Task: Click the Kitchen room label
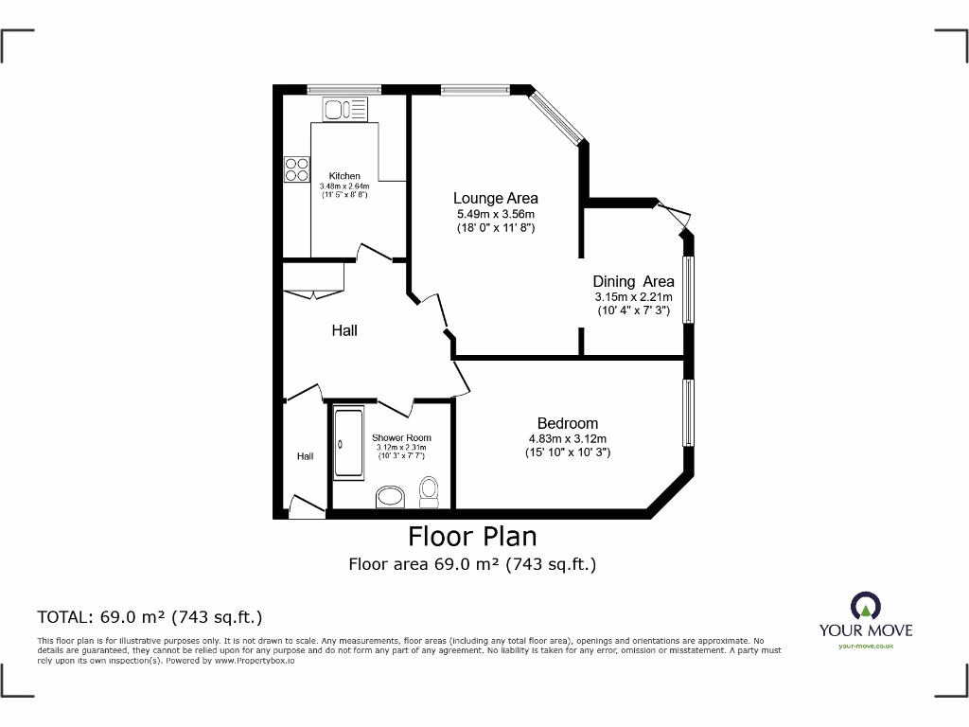point(344,176)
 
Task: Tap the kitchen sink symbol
point(338,111)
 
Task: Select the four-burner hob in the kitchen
point(296,168)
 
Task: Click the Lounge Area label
point(495,199)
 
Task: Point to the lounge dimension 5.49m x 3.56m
point(496,214)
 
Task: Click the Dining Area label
point(633,281)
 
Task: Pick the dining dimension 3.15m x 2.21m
point(633,297)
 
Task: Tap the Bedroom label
point(567,423)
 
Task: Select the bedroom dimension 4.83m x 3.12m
point(567,438)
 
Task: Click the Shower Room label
point(402,437)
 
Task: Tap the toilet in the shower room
point(429,490)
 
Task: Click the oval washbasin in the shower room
point(389,495)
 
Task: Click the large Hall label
point(344,330)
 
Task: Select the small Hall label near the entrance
point(305,456)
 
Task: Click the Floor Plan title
point(472,537)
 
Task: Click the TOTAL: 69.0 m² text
point(150,617)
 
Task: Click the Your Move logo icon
point(865,605)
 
